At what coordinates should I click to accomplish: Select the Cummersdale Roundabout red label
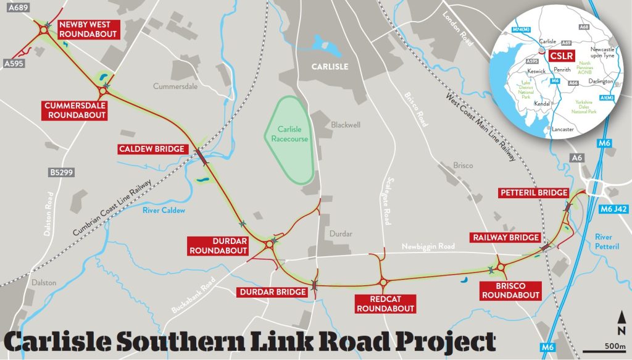click(x=75, y=110)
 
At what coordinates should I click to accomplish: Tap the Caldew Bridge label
click(x=152, y=149)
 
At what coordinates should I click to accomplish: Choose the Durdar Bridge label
click(x=273, y=291)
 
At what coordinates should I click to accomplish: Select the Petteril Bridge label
click(x=533, y=193)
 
